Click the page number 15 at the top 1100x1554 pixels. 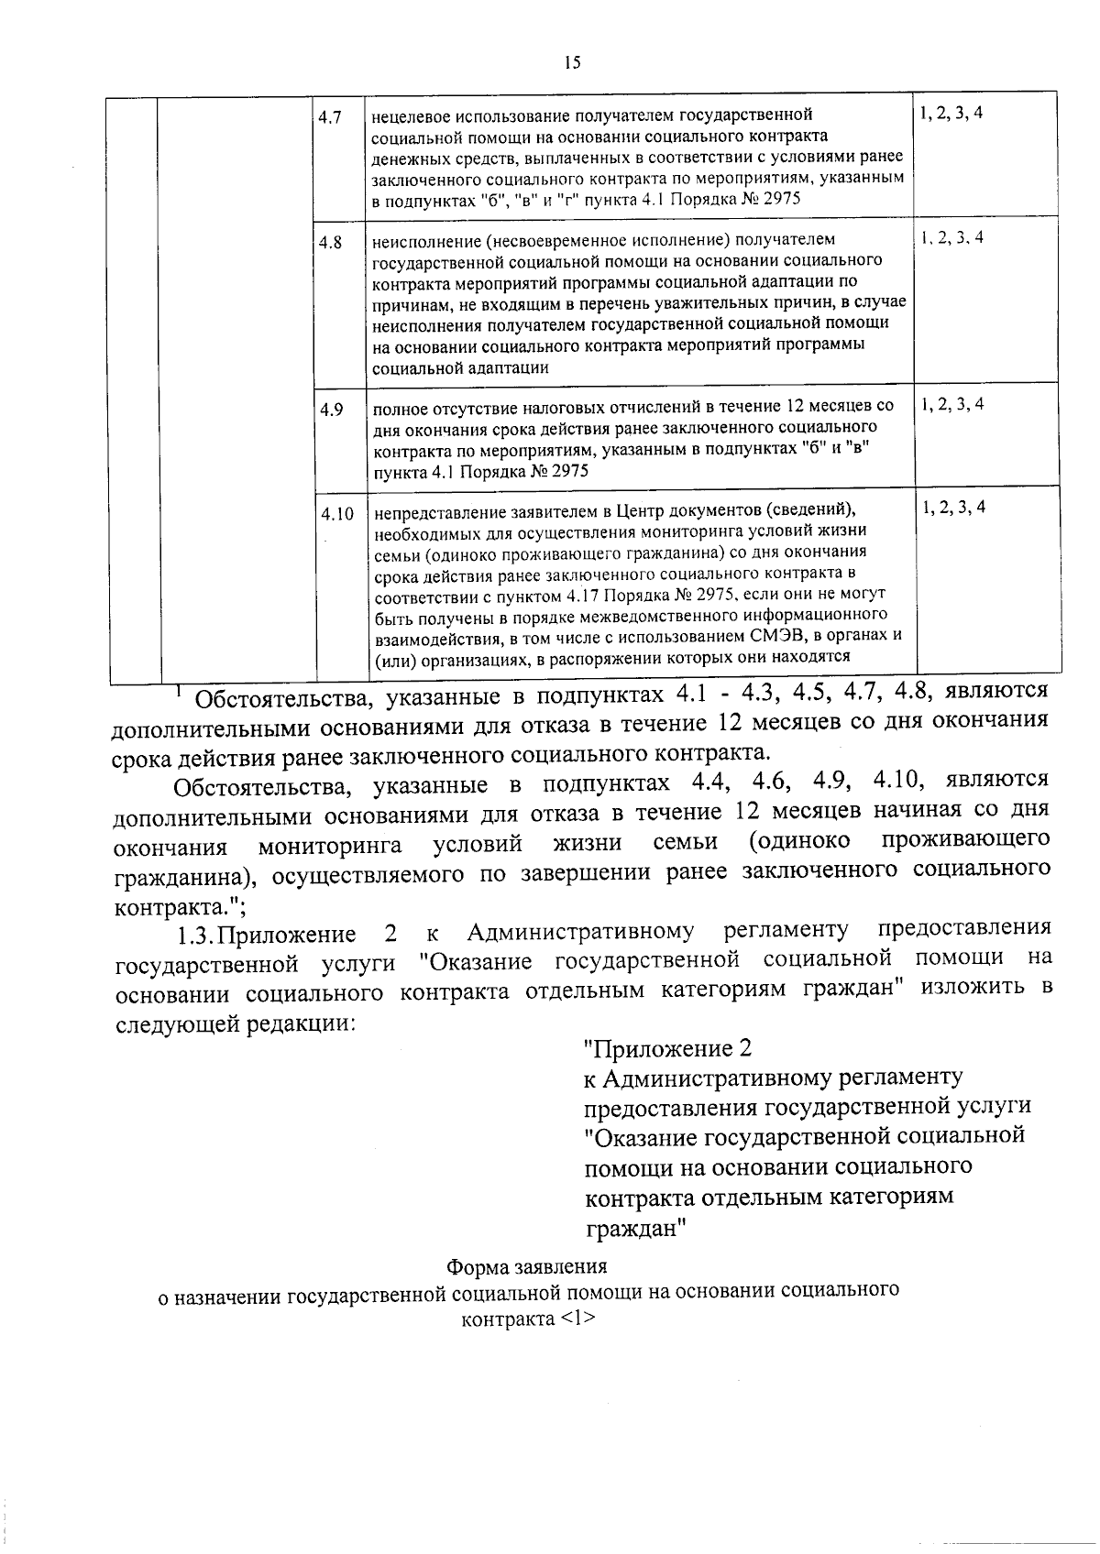pos(572,62)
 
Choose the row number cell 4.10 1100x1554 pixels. pos(336,514)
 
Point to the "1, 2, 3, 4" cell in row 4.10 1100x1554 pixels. pos(953,508)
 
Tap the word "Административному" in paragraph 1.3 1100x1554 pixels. pos(580,932)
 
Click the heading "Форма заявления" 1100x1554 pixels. pos(526,1267)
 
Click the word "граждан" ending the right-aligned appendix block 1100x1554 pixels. pos(636,1228)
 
